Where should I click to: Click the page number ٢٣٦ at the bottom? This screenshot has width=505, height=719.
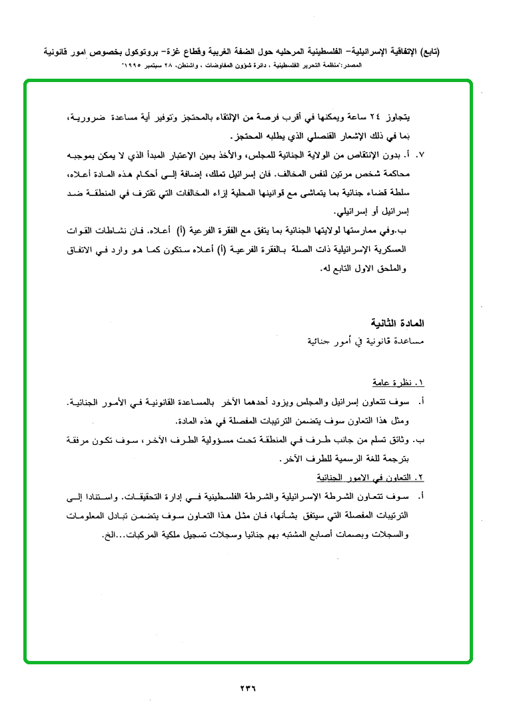(x=247, y=688)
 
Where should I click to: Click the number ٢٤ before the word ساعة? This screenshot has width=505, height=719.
(x=391, y=118)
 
